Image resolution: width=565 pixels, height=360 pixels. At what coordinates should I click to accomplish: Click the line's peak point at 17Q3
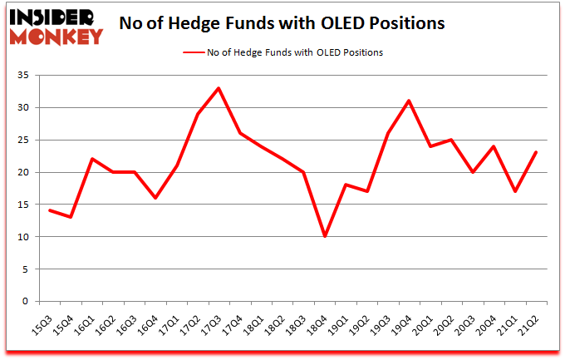coord(219,88)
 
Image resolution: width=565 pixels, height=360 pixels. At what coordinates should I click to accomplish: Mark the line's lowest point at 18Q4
coord(325,236)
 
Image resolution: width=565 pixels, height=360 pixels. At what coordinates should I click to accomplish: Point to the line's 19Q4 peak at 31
coord(410,101)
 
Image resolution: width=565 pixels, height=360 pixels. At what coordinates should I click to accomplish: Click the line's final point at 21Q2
coord(538,152)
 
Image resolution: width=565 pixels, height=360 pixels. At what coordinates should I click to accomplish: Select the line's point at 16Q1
coord(91,159)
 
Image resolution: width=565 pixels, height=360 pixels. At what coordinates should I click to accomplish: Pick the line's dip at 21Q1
coord(516,191)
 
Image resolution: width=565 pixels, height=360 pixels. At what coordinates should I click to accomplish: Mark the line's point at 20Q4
coord(494,146)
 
